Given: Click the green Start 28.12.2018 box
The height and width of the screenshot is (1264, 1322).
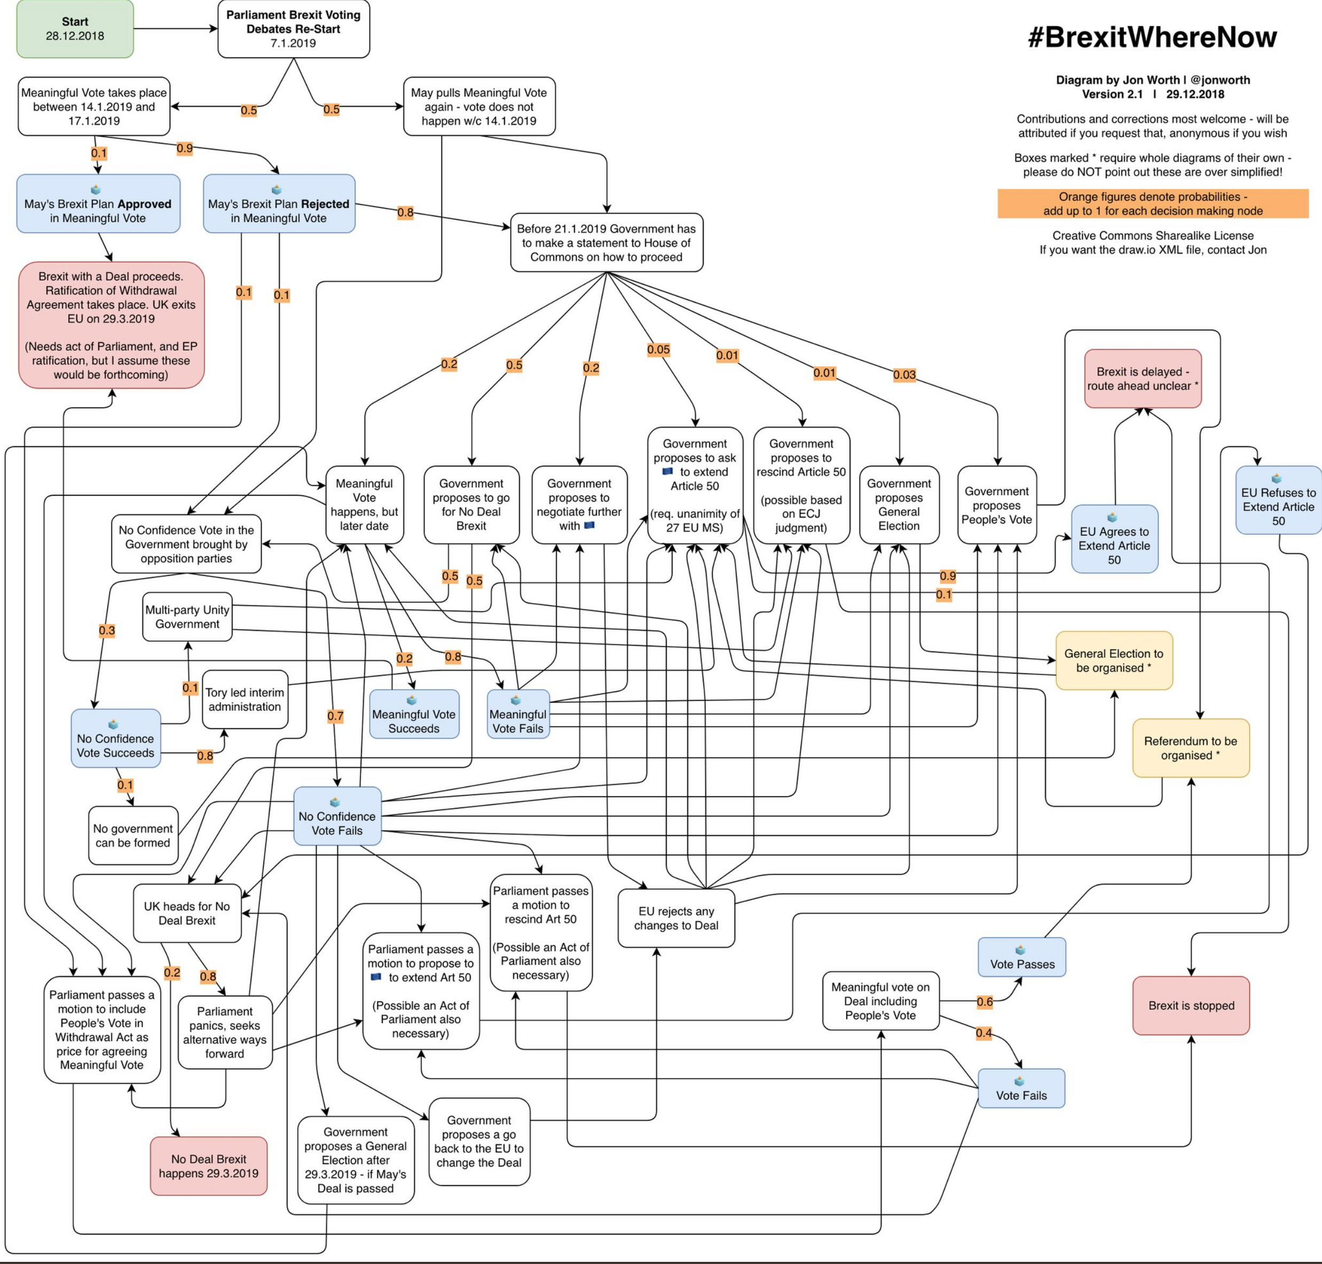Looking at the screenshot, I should tap(75, 29).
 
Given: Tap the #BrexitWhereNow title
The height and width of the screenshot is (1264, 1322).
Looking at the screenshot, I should tap(1152, 37).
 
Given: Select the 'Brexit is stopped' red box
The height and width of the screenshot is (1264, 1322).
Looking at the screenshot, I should tap(1191, 1005).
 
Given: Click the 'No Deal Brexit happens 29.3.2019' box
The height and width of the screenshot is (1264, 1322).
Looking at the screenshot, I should tap(209, 1166).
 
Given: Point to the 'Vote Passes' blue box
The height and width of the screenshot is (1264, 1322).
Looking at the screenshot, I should tap(1021, 957).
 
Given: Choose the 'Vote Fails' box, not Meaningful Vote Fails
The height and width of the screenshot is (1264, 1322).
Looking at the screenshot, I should tap(1021, 1088).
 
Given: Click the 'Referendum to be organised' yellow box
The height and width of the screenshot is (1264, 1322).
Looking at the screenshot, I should tap(1191, 748).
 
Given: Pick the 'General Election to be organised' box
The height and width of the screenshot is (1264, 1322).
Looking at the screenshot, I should tap(1114, 660).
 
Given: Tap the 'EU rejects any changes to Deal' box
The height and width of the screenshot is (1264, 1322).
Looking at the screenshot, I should tap(676, 918).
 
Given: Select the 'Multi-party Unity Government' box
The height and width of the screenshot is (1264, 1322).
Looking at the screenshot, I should tap(187, 617).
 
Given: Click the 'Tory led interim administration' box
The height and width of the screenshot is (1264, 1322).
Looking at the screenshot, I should tap(245, 699).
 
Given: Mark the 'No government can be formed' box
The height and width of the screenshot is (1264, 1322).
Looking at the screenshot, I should tap(133, 836).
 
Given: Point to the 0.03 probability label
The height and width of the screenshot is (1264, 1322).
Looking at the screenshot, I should tap(904, 374).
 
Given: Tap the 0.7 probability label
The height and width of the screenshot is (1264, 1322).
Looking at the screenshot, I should tap(335, 716).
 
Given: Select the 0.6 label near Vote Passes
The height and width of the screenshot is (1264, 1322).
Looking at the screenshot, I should tap(985, 1002).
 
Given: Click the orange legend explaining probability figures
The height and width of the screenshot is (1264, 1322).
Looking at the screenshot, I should tap(1153, 204).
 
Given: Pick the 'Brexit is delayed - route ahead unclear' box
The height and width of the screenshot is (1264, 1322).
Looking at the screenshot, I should tap(1143, 379).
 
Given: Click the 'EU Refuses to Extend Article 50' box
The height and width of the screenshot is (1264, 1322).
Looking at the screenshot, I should tap(1278, 500).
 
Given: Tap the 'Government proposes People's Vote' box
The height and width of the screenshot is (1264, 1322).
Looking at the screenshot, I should tap(997, 505).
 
